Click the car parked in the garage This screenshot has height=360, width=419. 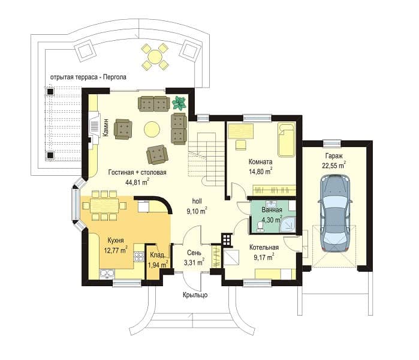pos(335,213)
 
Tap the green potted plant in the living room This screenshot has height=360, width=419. pos(179,103)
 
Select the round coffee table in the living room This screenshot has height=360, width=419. pos(152,129)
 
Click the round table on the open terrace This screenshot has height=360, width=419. pos(155,57)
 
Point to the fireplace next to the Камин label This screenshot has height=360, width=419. pos(94,129)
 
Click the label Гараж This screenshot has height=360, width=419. pos(334,155)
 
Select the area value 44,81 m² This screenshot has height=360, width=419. pos(137,182)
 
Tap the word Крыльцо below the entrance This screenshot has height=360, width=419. pos(195,295)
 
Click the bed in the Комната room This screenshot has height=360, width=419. pos(286,139)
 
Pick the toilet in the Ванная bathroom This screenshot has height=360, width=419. pos(260,226)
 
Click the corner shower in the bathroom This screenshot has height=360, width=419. pos(288,224)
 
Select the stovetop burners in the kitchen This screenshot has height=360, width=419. pos(138,256)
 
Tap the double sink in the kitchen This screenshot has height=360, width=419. pos(107,274)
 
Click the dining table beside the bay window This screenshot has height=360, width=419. pos(104,205)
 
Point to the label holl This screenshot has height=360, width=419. pos(197,201)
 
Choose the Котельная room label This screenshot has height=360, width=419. pos(264,247)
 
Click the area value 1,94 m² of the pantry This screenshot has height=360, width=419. pos(158,265)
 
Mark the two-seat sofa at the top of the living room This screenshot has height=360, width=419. pos(153,104)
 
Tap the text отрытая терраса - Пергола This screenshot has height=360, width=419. pos(88,77)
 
